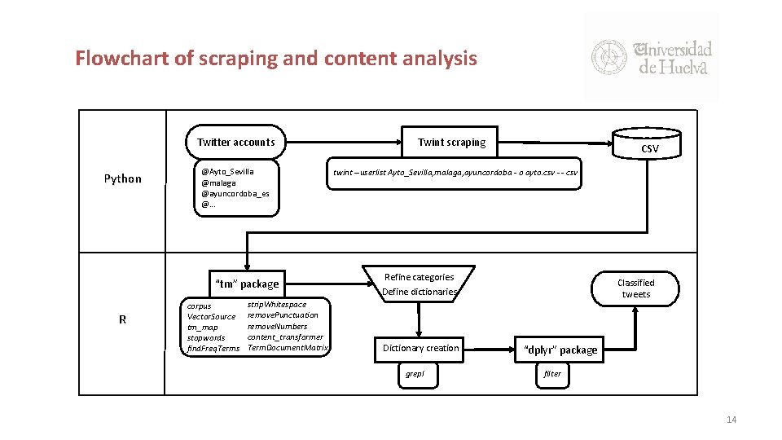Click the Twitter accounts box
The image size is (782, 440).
click(x=235, y=142)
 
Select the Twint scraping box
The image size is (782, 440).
click(x=451, y=142)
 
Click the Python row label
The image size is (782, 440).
click(x=122, y=178)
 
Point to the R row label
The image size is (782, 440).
click(x=122, y=319)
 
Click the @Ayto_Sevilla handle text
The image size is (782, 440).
click(x=227, y=171)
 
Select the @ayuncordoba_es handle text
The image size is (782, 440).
click(x=235, y=193)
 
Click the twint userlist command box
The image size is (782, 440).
click(x=455, y=173)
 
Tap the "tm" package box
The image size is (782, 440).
click(x=246, y=284)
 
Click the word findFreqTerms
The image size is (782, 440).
click(x=213, y=348)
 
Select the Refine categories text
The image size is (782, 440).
click(x=419, y=277)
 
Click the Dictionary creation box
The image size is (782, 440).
click(x=420, y=348)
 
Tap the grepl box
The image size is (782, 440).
click(x=416, y=374)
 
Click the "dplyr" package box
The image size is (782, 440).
click(x=560, y=350)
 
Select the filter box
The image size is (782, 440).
click(x=552, y=374)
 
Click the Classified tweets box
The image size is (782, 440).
click(x=635, y=288)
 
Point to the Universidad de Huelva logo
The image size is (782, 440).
click(x=652, y=57)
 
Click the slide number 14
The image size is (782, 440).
click(x=731, y=420)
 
